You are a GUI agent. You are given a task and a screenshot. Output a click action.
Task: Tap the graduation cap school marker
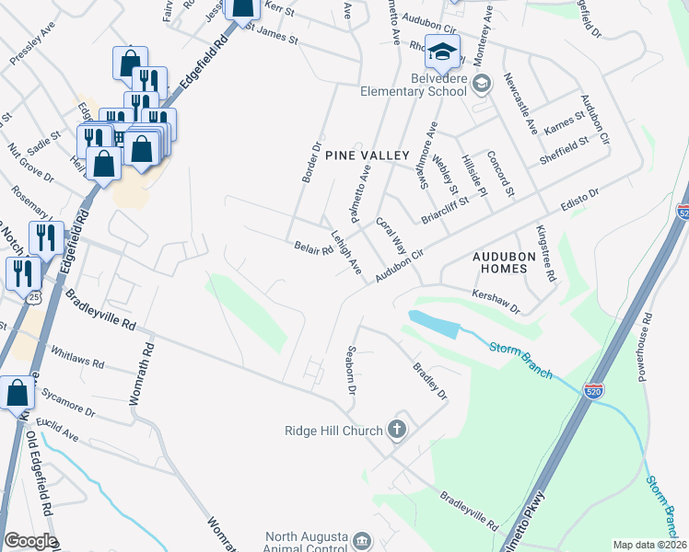click(x=443, y=53)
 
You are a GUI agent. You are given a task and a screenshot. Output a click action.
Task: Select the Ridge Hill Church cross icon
click(x=397, y=429)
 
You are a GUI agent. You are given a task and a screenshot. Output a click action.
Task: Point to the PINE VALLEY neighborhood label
click(x=366, y=156)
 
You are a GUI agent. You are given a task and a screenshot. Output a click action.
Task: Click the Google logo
click(x=29, y=541)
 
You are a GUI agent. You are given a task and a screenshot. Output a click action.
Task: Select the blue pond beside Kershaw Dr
click(x=432, y=324)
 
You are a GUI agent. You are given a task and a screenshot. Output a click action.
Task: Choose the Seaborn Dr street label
click(x=349, y=370)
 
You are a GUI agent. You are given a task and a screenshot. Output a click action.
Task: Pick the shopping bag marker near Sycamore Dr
click(x=18, y=393)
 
